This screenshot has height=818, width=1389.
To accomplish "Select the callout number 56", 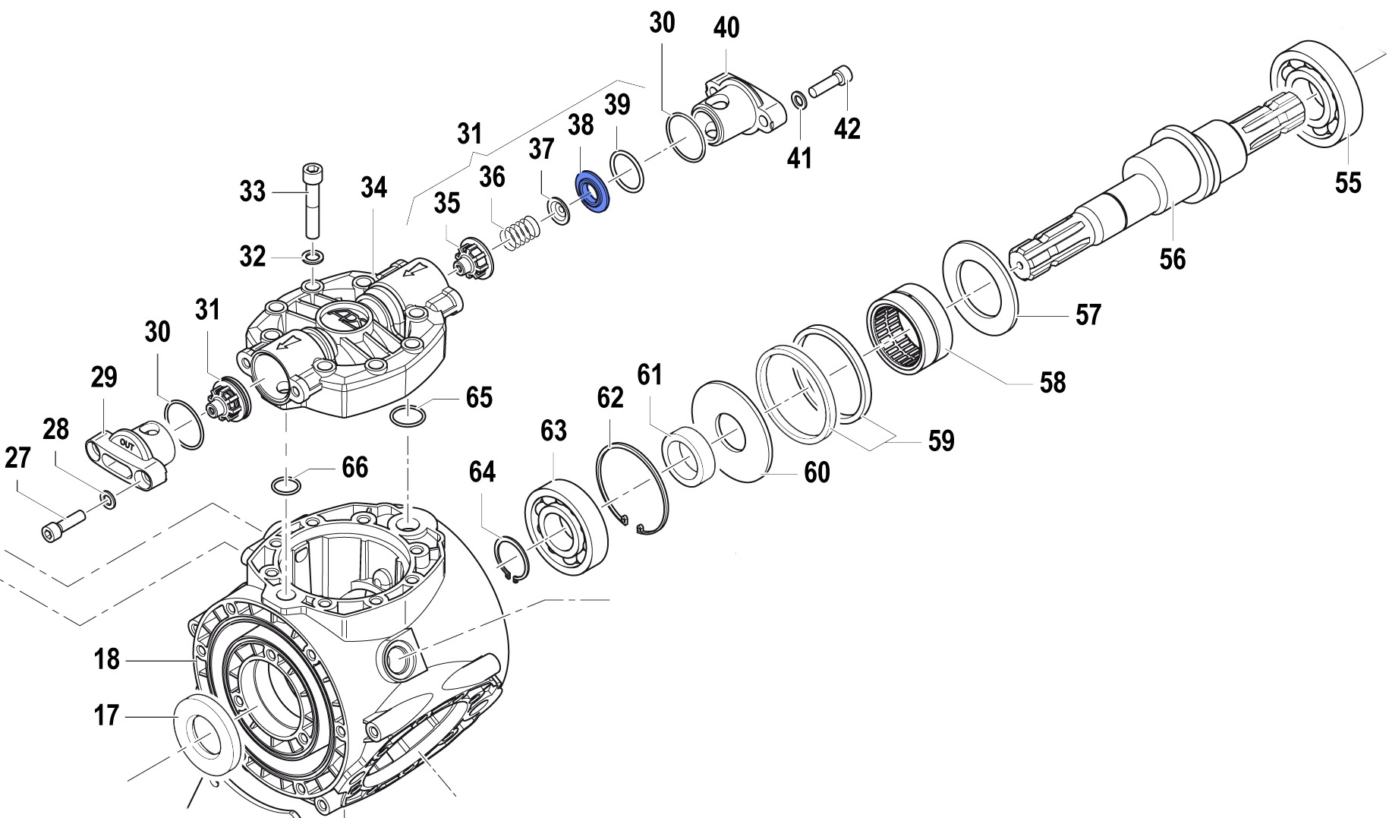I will coord(1172,259).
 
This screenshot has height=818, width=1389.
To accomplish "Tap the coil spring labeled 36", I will coord(521,231).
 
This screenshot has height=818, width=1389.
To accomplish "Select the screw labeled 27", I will coord(61,525).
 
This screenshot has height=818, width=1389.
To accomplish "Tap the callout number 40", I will coord(726,28).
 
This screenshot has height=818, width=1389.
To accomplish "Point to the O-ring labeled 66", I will coord(286,485).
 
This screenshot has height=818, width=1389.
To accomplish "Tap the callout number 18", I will coord(107,659).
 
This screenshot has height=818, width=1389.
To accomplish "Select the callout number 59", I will coord(941,441).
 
